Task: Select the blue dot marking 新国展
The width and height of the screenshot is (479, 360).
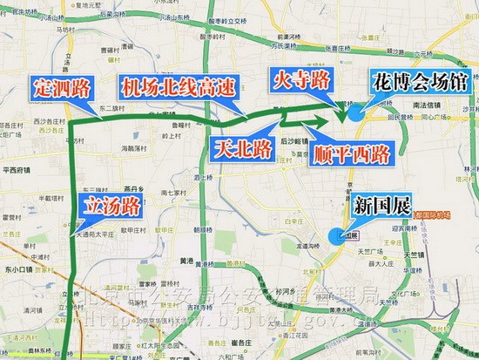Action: click(336, 234)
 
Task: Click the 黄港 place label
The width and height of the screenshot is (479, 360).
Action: click(186, 259)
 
